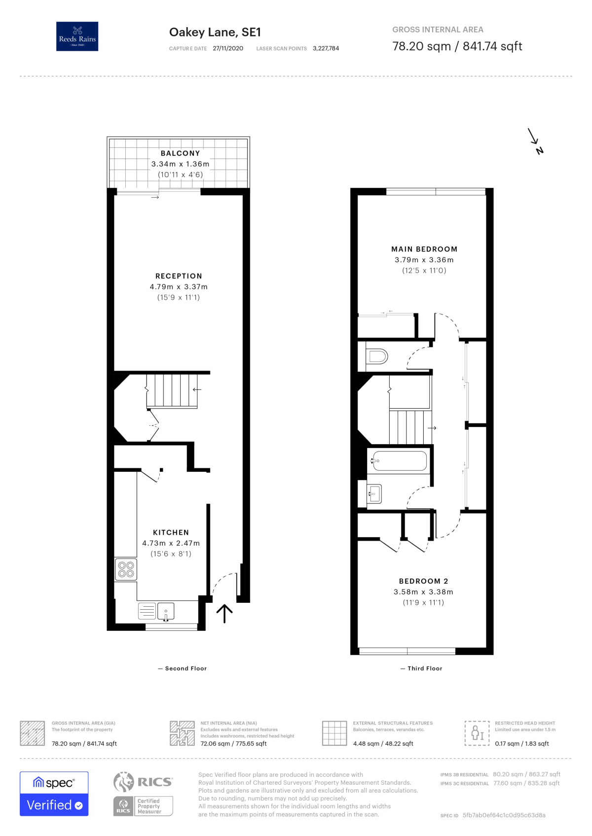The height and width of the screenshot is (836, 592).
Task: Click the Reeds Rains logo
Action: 77,36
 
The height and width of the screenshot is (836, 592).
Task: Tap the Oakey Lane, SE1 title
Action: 215,33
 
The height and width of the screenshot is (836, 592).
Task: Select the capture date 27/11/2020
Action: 228,48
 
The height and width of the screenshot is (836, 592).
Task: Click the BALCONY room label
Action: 180,153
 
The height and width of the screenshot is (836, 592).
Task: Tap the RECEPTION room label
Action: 179,276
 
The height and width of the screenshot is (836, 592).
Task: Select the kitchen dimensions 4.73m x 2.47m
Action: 171,543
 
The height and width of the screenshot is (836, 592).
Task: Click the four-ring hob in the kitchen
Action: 126,569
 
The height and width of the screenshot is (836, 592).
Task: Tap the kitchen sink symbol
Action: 166,611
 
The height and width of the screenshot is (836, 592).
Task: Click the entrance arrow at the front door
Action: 224,613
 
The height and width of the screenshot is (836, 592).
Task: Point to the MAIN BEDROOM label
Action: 424,249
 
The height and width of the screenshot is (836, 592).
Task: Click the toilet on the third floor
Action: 378,356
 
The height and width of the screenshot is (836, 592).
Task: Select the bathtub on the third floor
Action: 400,461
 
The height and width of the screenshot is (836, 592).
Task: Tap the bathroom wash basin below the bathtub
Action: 374,493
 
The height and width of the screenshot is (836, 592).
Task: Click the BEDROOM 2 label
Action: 423,581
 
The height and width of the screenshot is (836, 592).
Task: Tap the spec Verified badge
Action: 54,794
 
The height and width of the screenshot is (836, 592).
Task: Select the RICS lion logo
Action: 124,782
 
